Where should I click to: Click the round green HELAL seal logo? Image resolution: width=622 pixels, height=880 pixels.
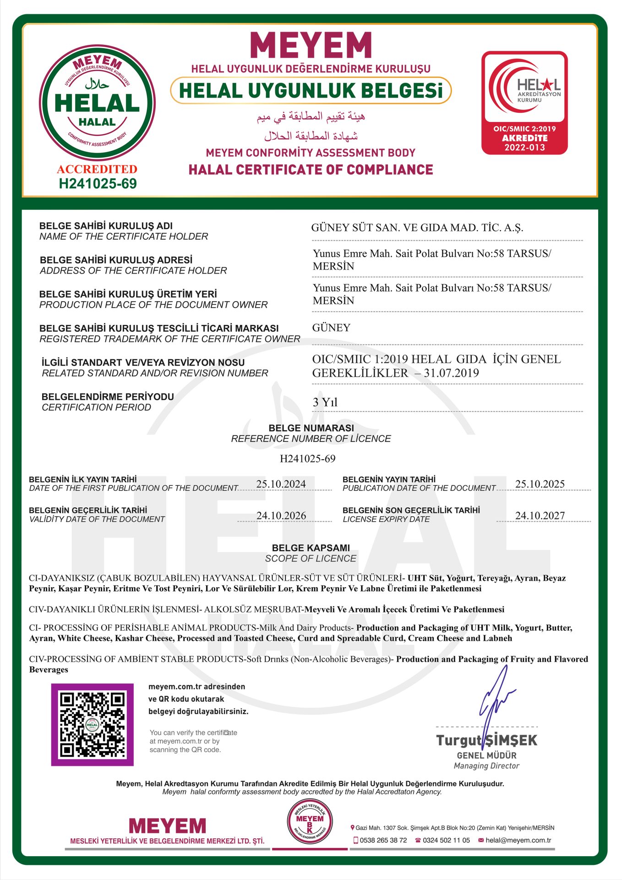[97, 103]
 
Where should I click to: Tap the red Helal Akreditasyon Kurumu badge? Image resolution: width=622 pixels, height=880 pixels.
[524, 103]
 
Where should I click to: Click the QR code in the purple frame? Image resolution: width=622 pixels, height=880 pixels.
[92, 725]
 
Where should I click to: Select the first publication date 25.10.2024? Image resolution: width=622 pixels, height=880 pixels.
[281, 484]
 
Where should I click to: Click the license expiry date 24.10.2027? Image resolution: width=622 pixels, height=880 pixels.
[540, 516]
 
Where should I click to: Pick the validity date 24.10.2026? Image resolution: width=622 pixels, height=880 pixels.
[281, 516]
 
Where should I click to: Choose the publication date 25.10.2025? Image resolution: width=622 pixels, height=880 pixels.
[540, 484]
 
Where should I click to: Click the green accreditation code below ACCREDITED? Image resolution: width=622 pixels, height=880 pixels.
[98, 184]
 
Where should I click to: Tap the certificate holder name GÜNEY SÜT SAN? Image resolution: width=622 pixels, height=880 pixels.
[417, 228]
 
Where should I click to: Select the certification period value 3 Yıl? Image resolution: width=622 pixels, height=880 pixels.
[325, 402]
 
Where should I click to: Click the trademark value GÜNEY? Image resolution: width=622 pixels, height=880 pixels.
[331, 328]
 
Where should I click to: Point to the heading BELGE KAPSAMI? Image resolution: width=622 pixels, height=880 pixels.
[311, 548]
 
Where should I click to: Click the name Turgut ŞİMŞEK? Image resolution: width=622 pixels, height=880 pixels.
[486, 740]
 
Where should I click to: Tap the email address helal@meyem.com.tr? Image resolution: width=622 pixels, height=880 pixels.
[518, 840]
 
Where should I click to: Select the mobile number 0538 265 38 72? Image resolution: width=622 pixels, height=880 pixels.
[383, 840]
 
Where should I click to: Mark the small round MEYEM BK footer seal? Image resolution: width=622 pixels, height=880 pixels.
[310, 822]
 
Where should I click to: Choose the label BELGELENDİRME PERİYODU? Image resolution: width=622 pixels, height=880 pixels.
[108, 396]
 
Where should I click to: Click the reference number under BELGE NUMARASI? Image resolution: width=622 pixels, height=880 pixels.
[307, 458]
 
